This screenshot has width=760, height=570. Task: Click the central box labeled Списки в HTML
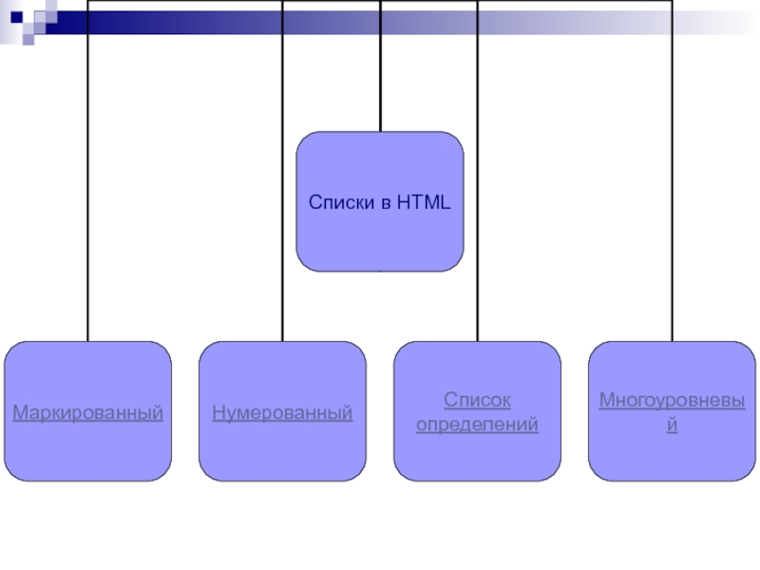click(x=380, y=201)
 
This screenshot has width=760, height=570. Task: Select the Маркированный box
click(x=87, y=411)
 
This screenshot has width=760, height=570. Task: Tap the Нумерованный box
click(x=282, y=411)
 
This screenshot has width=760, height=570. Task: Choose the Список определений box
click(x=478, y=411)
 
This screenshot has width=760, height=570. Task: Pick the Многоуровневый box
click(x=672, y=411)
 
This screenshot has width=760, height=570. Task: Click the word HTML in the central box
click(x=424, y=202)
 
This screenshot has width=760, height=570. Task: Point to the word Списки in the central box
click(x=342, y=202)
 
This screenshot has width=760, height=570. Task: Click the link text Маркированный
click(x=87, y=413)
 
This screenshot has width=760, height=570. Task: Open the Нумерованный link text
click(x=282, y=413)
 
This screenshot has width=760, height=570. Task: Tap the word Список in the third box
click(x=478, y=400)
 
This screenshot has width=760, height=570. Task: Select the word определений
click(x=478, y=425)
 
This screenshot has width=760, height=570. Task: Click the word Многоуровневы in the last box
click(x=673, y=400)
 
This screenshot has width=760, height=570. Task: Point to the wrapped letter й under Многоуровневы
click(x=673, y=424)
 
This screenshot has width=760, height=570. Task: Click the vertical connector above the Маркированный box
click(x=87, y=171)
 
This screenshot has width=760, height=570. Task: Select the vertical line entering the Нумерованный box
click(x=282, y=171)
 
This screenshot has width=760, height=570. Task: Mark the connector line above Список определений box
click(x=478, y=171)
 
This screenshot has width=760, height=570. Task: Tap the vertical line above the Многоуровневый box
click(x=673, y=171)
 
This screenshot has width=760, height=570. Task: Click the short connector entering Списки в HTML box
click(x=381, y=66)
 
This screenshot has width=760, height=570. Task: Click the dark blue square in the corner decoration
click(x=16, y=17)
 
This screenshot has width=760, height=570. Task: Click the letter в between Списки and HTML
click(x=386, y=203)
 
